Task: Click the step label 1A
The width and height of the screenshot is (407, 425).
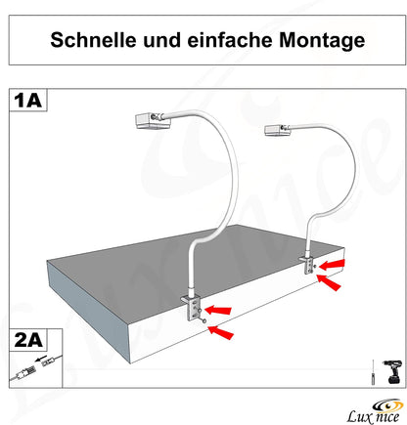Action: pos(27,100)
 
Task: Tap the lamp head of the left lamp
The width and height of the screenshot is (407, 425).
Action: pos(153,122)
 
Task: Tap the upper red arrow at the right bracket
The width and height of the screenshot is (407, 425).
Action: pos(335,265)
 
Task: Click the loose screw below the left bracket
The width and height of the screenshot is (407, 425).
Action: pos(204,328)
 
